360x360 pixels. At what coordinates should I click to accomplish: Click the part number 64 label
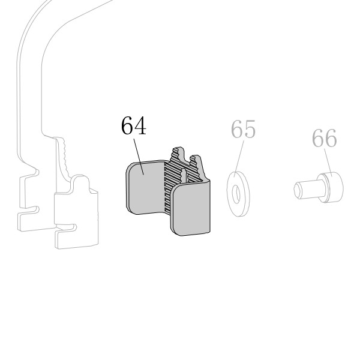click(x=134, y=125)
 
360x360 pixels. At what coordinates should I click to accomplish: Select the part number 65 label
click(x=243, y=129)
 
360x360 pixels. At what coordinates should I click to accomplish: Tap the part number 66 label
click(x=325, y=138)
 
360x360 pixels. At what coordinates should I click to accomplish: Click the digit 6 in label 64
click(x=127, y=125)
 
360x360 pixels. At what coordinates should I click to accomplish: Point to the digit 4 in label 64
click(x=140, y=125)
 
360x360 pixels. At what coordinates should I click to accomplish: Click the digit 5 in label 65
click(x=250, y=129)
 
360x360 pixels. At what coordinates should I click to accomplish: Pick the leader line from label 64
click(x=139, y=157)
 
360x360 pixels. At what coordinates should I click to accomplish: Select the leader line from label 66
click(x=328, y=161)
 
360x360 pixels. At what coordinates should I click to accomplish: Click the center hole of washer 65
click(x=236, y=194)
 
